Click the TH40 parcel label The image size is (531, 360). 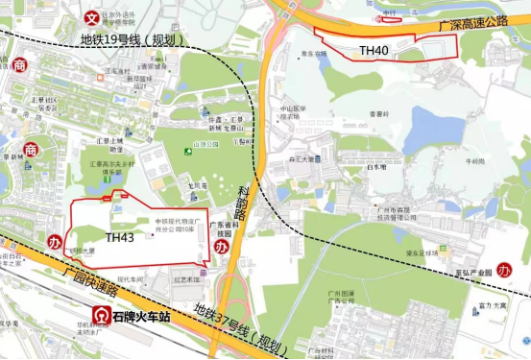[x=375, y=49]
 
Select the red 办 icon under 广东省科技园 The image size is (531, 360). [x=223, y=247]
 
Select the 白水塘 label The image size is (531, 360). [x=376, y=166]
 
